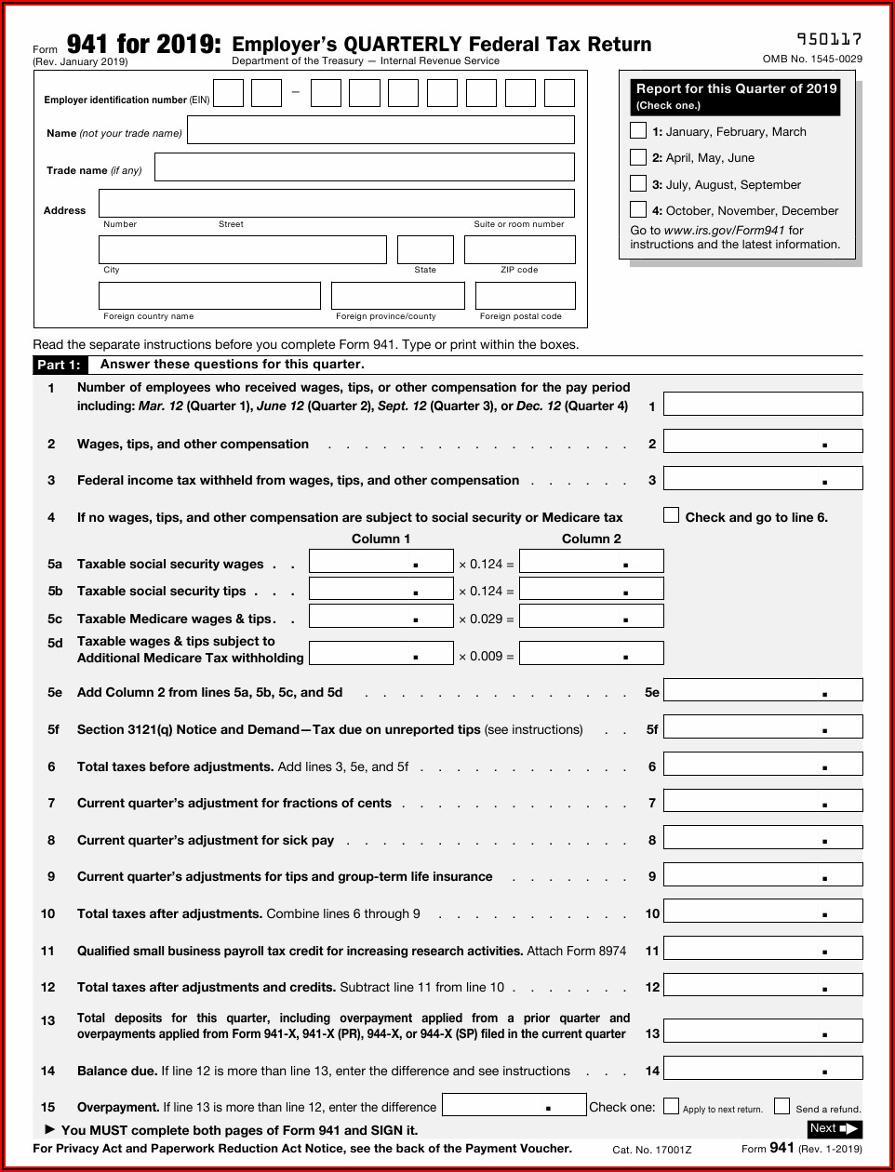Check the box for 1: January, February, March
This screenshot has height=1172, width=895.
(x=638, y=130)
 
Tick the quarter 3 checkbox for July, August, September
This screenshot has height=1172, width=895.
(x=638, y=183)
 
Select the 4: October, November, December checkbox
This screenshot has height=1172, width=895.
(x=638, y=209)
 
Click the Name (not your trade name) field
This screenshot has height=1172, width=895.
(x=381, y=130)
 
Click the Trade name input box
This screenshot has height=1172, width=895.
(x=364, y=167)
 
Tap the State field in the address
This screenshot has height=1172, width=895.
(x=425, y=249)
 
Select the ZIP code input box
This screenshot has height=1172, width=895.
(x=519, y=249)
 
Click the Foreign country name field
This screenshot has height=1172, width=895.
(x=209, y=296)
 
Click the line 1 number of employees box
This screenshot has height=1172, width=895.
(x=763, y=404)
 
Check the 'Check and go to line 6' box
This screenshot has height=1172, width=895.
(x=671, y=515)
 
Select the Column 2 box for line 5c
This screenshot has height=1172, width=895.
(x=591, y=616)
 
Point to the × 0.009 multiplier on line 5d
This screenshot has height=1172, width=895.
(x=486, y=656)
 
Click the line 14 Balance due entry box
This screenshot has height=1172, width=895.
(x=763, y=1068)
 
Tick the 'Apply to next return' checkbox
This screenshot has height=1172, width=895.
(x=671, y=1106)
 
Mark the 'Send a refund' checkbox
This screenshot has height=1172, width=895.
(x=782, y=1106)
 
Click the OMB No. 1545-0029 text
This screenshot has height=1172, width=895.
(x=812, y=59)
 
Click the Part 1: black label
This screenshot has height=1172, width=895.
(x=59, y=365)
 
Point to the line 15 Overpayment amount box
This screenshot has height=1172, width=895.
(x=514, y=1105)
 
